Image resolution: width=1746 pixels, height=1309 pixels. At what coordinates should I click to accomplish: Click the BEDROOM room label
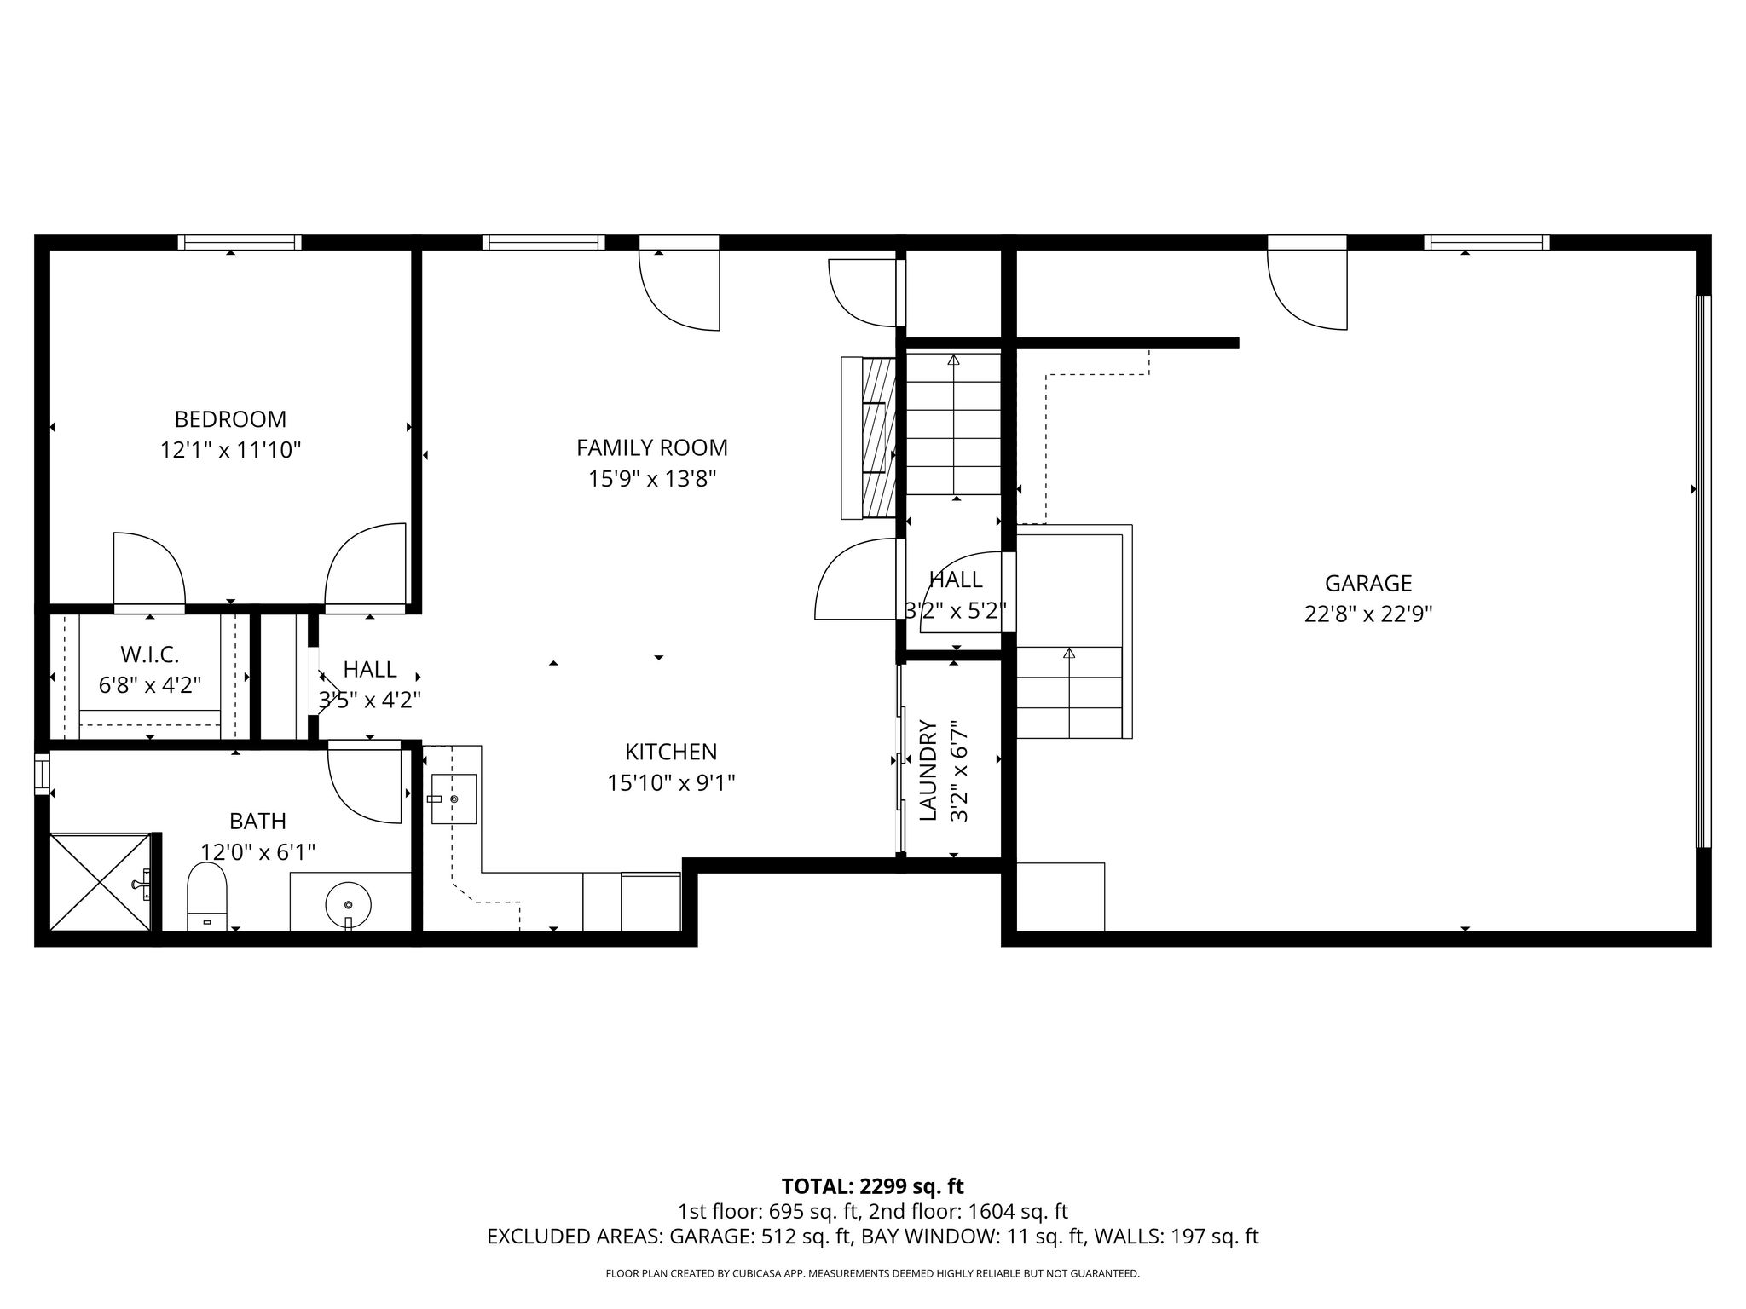[x=230, y=419]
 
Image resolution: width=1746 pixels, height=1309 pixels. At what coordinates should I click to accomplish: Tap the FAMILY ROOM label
[x=652, y=447]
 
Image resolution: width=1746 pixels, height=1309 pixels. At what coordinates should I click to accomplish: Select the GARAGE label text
[x=1368, y=583]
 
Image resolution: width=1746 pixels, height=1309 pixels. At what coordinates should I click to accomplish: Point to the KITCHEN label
[x=671, y=752]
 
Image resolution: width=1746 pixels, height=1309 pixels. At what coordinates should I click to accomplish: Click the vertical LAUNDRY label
[x=928, y=770]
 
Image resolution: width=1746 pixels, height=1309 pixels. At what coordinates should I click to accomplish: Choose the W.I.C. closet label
[x=150, y=654]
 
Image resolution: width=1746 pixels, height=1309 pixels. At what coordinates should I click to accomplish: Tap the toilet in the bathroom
[x=206, y=897]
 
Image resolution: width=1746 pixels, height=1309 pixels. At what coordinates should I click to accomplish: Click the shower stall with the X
[x=101, y=883]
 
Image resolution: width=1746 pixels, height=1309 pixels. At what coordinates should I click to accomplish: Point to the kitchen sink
[x=454, y=799]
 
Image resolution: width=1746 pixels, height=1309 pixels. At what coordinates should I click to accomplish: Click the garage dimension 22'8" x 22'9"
[x=1368, y=614]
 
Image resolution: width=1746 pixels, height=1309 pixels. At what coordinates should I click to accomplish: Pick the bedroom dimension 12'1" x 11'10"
[x=231, y=450]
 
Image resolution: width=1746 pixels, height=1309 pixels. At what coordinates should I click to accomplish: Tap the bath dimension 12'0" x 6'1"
[x=257, y=851]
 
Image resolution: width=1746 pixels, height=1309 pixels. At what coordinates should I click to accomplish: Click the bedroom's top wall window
[x=240, y=242]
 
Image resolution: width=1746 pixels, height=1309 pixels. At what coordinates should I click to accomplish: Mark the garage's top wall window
[x=1487, y=242]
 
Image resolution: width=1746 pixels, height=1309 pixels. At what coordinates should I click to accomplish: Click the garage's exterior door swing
[x=1307, y=289]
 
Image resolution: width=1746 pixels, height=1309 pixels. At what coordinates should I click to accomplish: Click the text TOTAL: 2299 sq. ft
[x=872, y=1186]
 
